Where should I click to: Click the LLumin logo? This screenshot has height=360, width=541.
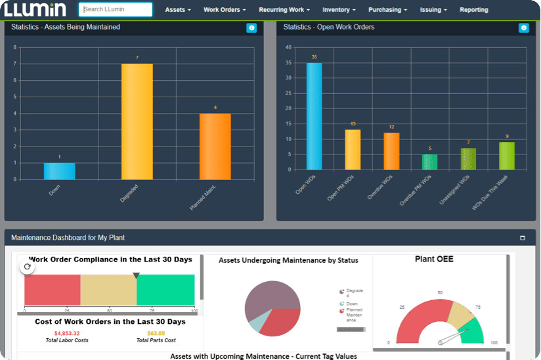pos(35,10)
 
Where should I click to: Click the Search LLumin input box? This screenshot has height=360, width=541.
pos(116,10)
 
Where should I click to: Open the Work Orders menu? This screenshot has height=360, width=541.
pos(225,10)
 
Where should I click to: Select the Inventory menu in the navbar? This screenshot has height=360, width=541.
pos(339,10)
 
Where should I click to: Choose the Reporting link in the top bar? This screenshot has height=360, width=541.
pos(473,10)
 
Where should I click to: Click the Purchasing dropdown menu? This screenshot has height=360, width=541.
pos(387,10)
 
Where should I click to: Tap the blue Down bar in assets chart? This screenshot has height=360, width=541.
pos(59,171)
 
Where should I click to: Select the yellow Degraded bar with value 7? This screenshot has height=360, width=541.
pos(137,122)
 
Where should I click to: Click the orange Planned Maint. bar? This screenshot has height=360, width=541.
pos(215,146)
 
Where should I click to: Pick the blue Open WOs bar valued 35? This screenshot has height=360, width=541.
pos(314,116)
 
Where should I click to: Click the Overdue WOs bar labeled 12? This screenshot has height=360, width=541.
pos(391,150)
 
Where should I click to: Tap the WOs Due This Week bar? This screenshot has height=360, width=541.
pos(507,156)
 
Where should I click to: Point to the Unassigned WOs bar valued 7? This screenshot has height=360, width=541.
pos(468,158)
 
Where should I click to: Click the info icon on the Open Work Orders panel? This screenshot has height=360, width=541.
pos(523,28)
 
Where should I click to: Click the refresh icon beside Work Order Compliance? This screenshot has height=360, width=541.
pos(27,267)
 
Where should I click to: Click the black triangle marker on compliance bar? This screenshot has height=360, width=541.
pos(137,276)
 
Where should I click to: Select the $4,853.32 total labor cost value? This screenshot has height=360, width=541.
pos(67,333)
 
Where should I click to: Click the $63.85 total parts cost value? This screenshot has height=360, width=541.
pos(156,333)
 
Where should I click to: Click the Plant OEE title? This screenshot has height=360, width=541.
pos(434,259)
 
